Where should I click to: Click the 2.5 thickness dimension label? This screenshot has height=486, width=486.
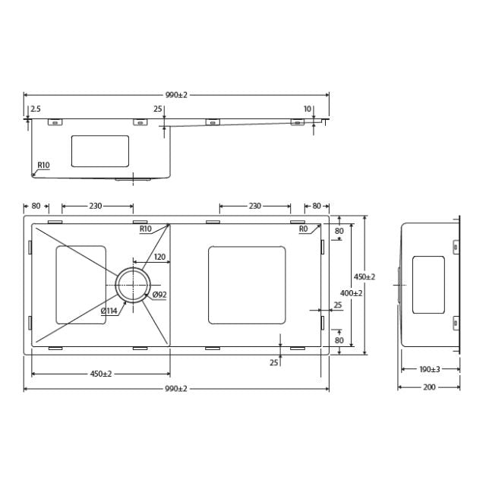click(x=36, y=109)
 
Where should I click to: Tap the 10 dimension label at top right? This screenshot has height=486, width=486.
click(x=308, y=109)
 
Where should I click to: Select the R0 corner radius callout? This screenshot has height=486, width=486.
click(x=303, y=229)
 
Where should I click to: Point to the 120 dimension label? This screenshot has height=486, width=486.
click(x=159, y=257)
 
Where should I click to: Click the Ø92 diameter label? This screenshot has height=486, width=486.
click(x=159, y=295)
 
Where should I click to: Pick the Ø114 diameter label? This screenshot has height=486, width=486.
click(x=109, y=310)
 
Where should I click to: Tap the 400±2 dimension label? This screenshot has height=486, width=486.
click(x=351, y=293)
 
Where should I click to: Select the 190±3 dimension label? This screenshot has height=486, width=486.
click(x=430, y=369)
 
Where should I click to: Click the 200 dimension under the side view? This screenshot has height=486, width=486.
click(x=430, y=387)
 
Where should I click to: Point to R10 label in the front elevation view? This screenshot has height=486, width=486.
click(x=43, y=166)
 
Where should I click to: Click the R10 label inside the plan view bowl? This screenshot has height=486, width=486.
click(x=145, y=229)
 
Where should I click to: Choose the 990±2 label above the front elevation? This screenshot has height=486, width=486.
click(x=176, y=95)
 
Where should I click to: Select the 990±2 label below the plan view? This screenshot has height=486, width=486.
click(x=176, y=388)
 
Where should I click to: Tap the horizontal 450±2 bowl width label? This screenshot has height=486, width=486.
click(x=101, y=373)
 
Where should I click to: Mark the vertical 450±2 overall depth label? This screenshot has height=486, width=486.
click(x=364, y=276)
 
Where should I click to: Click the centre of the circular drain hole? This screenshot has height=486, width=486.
click(x=134, y=285)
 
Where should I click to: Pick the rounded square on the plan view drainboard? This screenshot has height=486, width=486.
click(x=247, y=285)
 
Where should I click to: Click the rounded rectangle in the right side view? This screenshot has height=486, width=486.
click(x=428, y=285)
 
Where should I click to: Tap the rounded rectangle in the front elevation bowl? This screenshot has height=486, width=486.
click(x=100, y=151)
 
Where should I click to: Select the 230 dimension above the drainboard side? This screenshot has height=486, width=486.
click(x=255, y=206)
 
